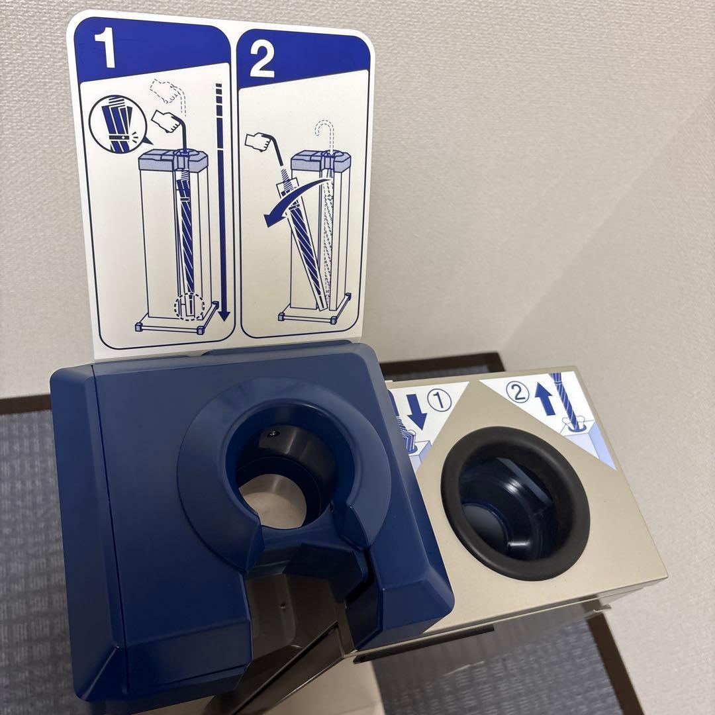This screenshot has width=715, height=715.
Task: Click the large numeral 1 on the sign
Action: click(x=105, y=47)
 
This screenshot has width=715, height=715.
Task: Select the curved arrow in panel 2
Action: click(x=295, y=201)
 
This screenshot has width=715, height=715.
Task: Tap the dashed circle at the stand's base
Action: click(x=189, y=307)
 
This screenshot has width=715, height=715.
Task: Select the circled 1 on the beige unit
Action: click(x=440, y=399)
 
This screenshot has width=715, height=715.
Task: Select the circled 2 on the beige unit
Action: click(x=518, y=392)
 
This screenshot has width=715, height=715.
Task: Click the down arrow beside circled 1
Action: click(x=416, y=411)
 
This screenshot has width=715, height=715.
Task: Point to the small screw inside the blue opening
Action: click(x=273, y=431)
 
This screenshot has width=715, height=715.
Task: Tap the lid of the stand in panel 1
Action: click(x=173, y=160)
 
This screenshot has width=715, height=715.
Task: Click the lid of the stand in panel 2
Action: click(x=321, y=161)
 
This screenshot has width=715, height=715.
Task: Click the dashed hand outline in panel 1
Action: click(x=167, y=91)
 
